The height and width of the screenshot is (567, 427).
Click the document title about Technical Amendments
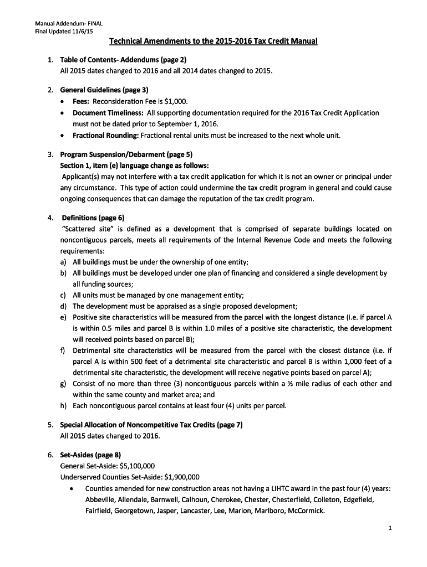click(213, 42)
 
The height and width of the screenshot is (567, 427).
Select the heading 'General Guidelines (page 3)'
click(104, 90)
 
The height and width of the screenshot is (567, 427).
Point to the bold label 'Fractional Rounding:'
click(105, 135)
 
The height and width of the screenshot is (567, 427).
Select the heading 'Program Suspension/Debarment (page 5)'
click(126, 154)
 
